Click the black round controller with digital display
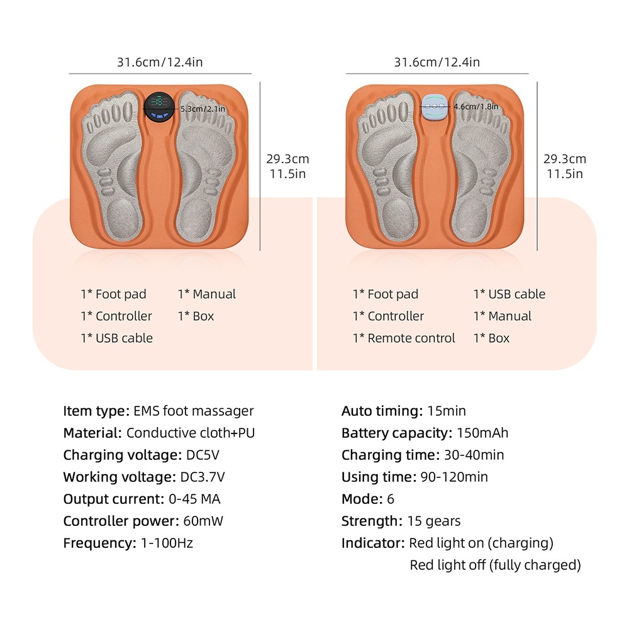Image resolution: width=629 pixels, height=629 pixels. click(x=159, y=107)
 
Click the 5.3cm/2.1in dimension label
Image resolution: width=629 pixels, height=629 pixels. click(x=203, y=109)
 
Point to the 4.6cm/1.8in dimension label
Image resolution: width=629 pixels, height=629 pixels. click(x=476, y=106)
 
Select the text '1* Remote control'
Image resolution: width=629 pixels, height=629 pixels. click(x=404, y=338)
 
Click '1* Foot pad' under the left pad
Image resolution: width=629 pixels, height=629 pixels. click(x=113, y=294)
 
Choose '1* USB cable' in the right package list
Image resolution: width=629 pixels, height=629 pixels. click(x=509, y=294)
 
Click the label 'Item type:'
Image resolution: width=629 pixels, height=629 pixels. click(x=96, y=411)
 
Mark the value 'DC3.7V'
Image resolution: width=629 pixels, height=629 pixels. click(x=203, y=477)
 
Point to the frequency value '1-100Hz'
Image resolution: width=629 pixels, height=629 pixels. click(x=167, y=543)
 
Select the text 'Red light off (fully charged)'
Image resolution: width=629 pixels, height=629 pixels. click(x=496, y=565)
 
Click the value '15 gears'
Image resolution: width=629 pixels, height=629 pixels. click(x=434, y=521)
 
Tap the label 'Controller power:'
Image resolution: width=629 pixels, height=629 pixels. click(x=121, y=521)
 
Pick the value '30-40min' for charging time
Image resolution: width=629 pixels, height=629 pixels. click(x=474, y=455)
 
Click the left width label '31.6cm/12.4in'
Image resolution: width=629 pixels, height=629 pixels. click(x=160, y=62)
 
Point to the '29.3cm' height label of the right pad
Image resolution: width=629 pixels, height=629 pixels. click(x=565, y=159)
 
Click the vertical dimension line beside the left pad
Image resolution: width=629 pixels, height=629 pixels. click(x=260, y=167)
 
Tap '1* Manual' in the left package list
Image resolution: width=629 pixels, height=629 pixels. click(x=207, y=294)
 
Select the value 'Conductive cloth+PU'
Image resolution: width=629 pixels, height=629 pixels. click(x=191, y=433)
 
